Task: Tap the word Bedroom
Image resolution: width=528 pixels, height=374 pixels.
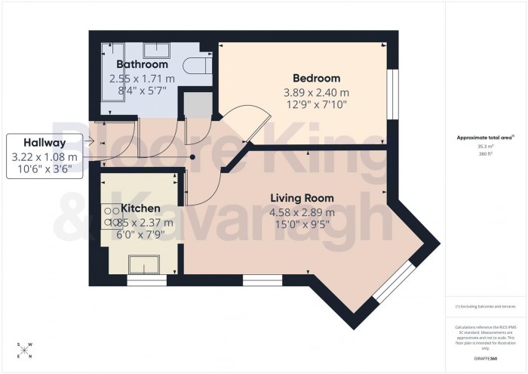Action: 315,78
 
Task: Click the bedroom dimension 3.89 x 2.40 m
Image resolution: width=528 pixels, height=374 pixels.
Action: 315,92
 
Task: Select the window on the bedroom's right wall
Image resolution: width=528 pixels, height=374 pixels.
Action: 391,94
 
